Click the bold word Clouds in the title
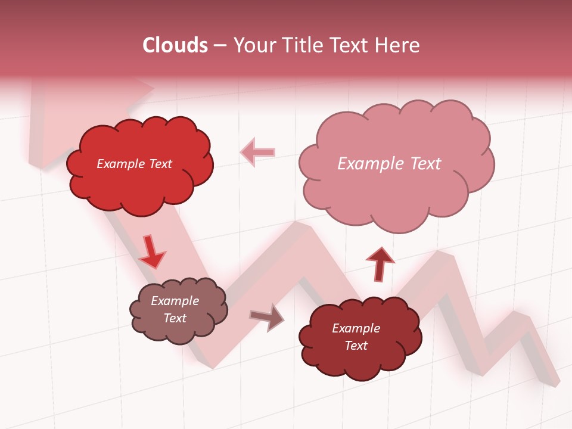(x=175, y=45)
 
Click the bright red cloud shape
(x=140, y=185)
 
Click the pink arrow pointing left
(x=257, y=152)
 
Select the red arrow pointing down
(x=152, y=251)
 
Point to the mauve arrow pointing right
(x=267, y=317)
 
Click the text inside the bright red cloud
(x=134, y=164)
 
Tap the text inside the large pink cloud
(x=389, y=163)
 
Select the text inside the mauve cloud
(x=175, y=309)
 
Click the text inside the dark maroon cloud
(x=356, y=337)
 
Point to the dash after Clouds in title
(x=219, y=45)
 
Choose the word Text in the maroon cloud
(x=356, y=346)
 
